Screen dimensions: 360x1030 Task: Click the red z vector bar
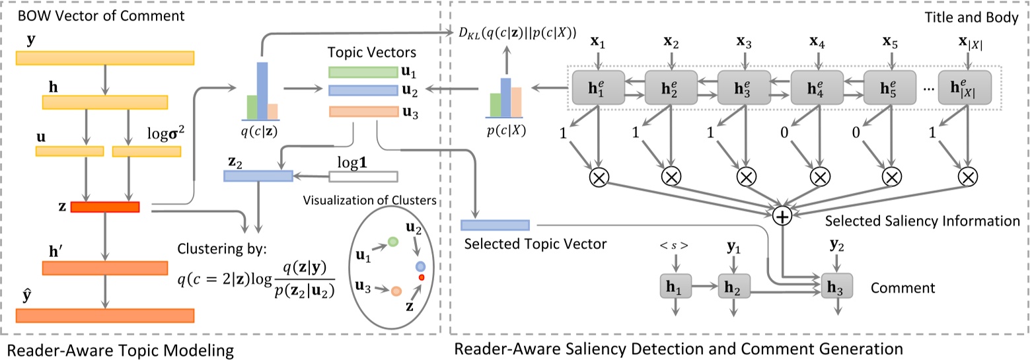(104, 207)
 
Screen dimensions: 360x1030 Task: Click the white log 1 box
(363, 176)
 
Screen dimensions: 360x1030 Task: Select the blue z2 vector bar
(258, 176)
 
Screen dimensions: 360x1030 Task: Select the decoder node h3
(836, 287)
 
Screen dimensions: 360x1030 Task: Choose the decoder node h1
(674, 287)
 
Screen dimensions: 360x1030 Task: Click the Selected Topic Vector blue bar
(495, 225)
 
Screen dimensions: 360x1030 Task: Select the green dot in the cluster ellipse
(392, 243)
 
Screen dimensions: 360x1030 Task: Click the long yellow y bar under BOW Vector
(104, 57)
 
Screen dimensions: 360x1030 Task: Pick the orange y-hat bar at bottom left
(104, 315)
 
